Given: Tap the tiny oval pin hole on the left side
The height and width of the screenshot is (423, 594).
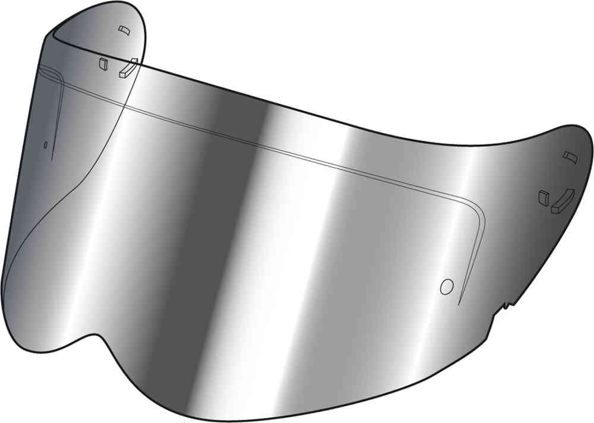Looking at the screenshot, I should click(x=45, y=144).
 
